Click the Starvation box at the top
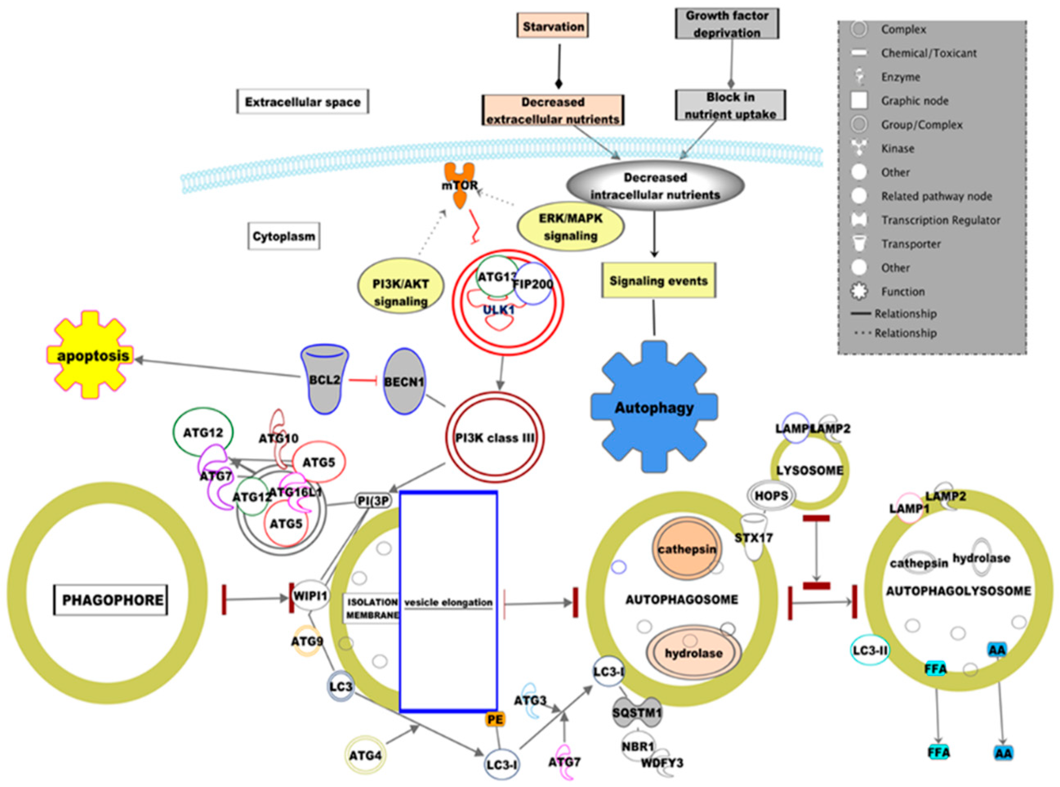click(553, 26)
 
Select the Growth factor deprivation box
click(727, 24)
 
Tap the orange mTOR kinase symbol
click(459, 185)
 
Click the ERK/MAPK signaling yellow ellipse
click(570, 227)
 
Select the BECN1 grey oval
click(404, 381)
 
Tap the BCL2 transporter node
click(325, 380)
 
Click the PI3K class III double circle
click(495, 437)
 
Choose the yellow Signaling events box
click(659, 281)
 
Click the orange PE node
click(495, 719)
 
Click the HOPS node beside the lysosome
click(771, 496)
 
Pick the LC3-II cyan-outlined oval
click(870, 650)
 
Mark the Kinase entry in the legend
click(897, 149)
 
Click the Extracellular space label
click(303, 101)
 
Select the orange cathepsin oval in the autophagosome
click(687, 549)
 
